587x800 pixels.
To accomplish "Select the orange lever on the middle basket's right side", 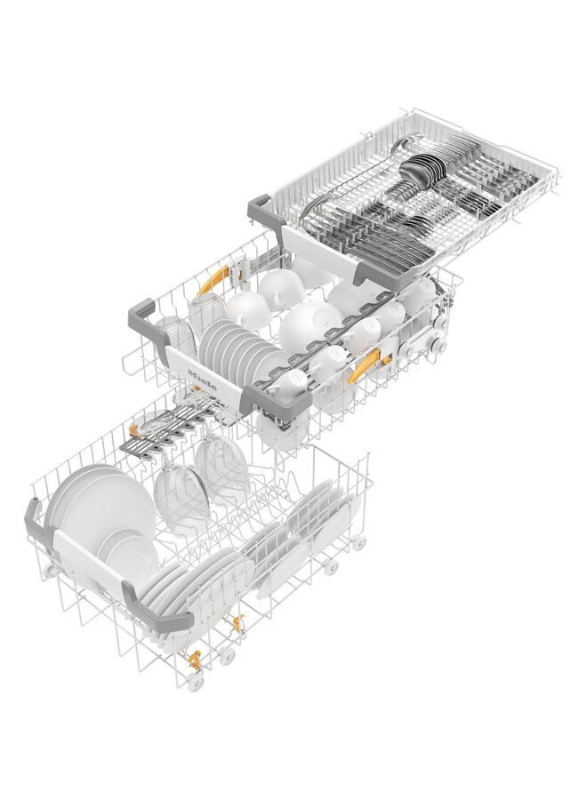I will coord(363,365).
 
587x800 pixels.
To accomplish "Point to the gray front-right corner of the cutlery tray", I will coord(373,273).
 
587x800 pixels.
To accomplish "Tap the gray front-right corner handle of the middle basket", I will coord(283,402).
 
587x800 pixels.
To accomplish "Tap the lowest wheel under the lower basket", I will coord(197,682).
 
